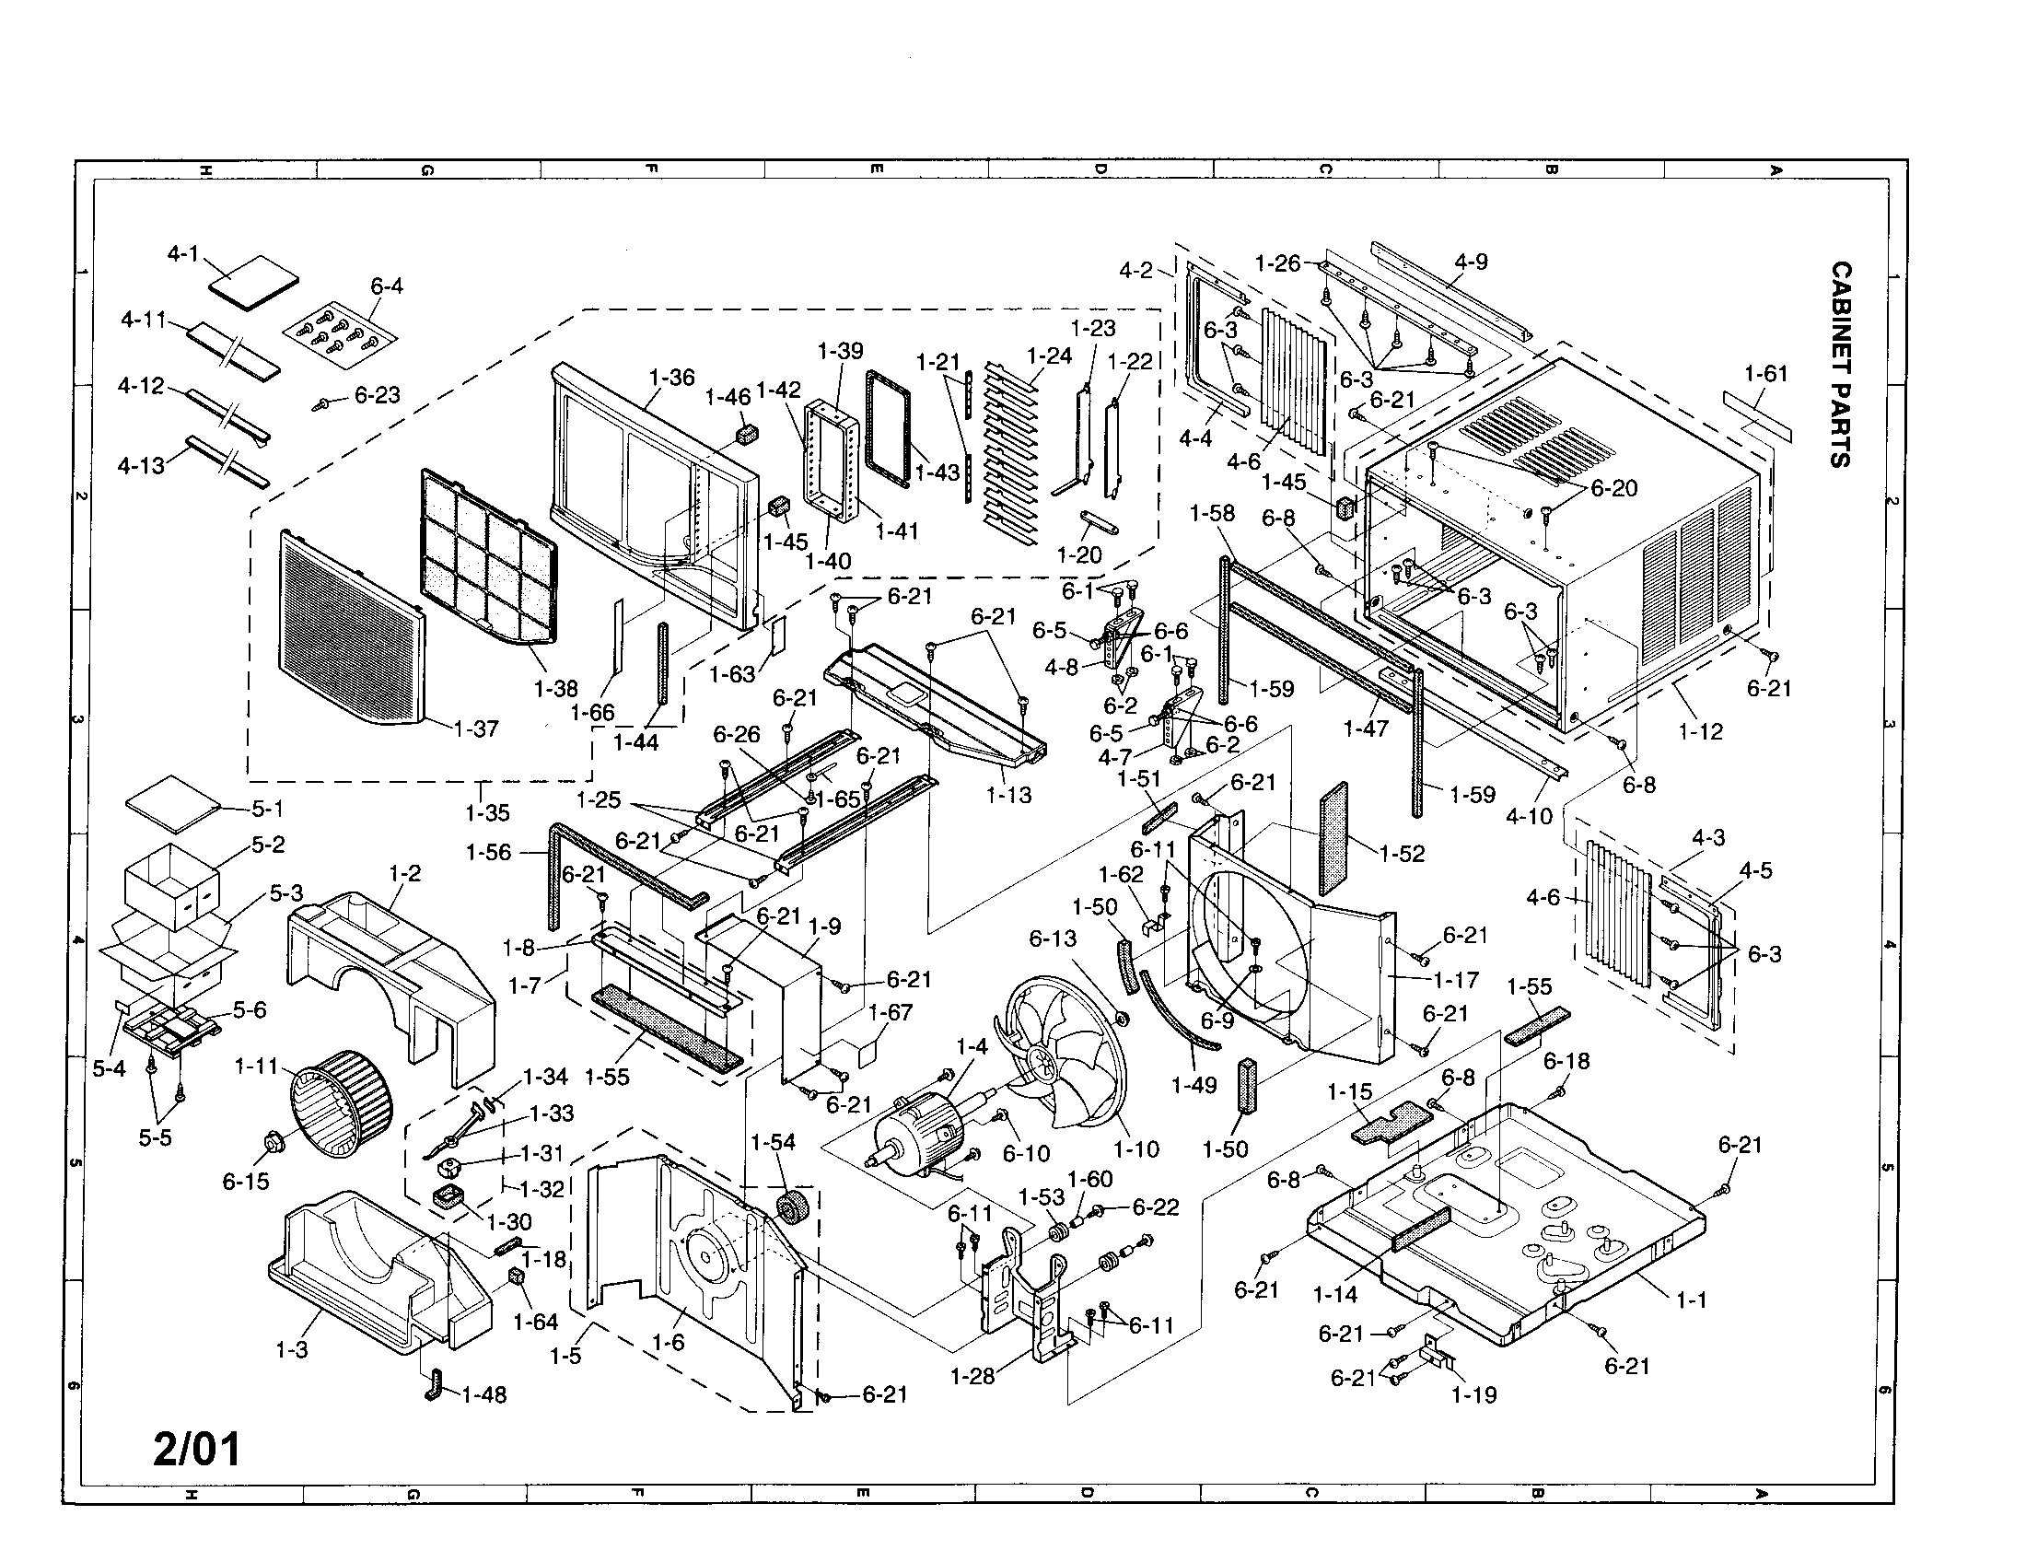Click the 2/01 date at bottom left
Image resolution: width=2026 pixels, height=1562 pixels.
(x=197, y=1448)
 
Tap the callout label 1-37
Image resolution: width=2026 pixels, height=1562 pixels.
(x=477, y=729)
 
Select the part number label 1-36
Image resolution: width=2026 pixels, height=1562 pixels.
(x=671, y=378)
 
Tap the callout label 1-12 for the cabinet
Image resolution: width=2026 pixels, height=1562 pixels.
(x=1700, y=731)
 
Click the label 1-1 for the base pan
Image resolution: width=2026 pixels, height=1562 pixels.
(x=1691, y=1300)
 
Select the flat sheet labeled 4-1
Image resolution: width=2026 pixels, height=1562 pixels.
(x=254, y=278)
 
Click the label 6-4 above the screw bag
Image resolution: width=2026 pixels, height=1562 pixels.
(x=387, y=286)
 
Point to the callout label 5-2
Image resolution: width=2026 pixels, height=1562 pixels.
(x=268, y=845)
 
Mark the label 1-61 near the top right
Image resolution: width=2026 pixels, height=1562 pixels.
(x=1765, y=374)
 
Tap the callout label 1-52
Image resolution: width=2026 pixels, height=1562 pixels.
(x=1402, y=854)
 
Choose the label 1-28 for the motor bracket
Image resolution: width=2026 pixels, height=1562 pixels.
(x=972, y=1376)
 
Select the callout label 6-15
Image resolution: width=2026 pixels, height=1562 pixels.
(x=245, y=1181)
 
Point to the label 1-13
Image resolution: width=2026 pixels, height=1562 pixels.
(x=1008, y=795)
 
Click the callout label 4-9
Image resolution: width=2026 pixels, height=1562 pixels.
(x=1471, y=262)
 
